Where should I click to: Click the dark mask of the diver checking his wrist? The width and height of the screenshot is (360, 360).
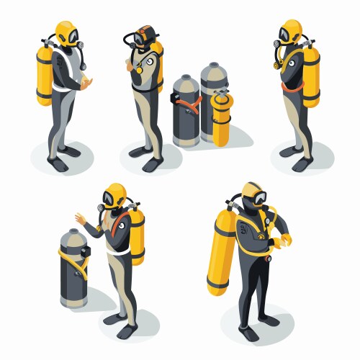253,197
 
